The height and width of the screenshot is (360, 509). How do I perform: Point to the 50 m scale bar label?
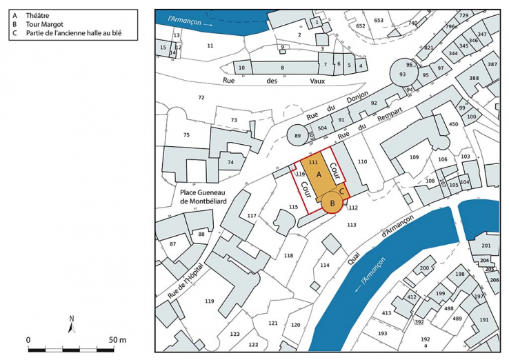pos(117,340)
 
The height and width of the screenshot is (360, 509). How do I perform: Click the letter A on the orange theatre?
pos(319,176)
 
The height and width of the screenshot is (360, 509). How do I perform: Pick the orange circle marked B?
pos(332,202)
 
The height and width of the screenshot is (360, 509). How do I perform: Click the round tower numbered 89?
pos(297,136)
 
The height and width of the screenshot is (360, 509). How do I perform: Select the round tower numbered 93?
pos(402,74)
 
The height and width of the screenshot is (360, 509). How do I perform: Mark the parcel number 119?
pos(209,301)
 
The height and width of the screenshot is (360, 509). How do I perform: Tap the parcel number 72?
pos(201,98)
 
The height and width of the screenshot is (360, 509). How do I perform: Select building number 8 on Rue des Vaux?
pos(282,68)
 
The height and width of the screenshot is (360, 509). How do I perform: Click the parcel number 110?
pos(362,161)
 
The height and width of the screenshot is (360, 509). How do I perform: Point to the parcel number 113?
pos(352,225)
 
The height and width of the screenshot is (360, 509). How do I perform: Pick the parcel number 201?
pos(486,246)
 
